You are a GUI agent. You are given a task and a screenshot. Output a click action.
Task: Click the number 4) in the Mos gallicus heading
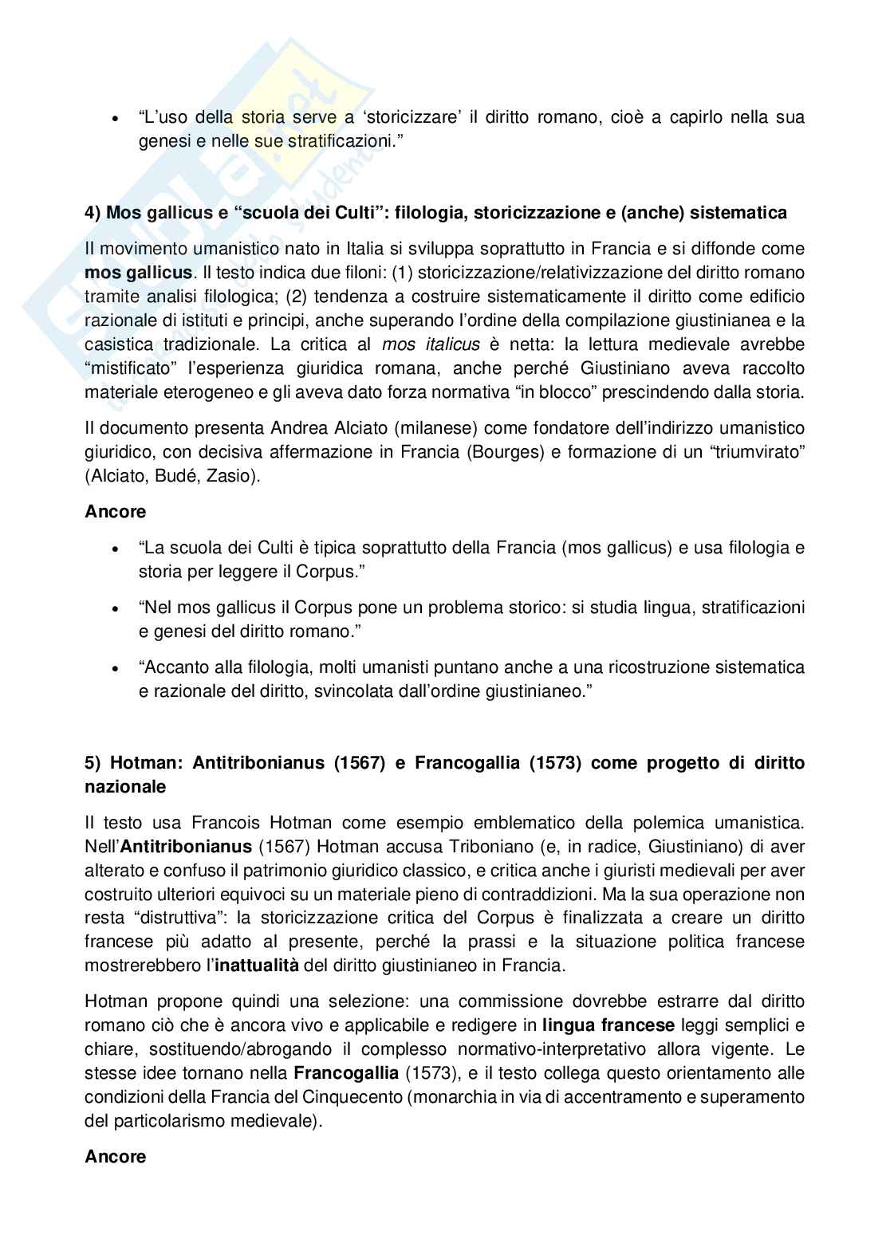pos(93,213)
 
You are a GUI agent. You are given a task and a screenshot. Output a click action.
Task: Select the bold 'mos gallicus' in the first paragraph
pos(138,273)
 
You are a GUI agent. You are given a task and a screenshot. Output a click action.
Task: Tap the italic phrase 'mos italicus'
pos(431,344)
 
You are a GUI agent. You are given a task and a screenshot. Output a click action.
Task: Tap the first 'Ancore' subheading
pos(115,512)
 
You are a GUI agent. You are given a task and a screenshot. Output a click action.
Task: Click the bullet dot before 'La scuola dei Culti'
pos(116,549)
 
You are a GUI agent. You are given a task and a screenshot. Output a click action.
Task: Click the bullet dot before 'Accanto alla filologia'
pos(116,667)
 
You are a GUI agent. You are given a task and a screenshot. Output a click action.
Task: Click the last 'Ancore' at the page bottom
pos(115,1157)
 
